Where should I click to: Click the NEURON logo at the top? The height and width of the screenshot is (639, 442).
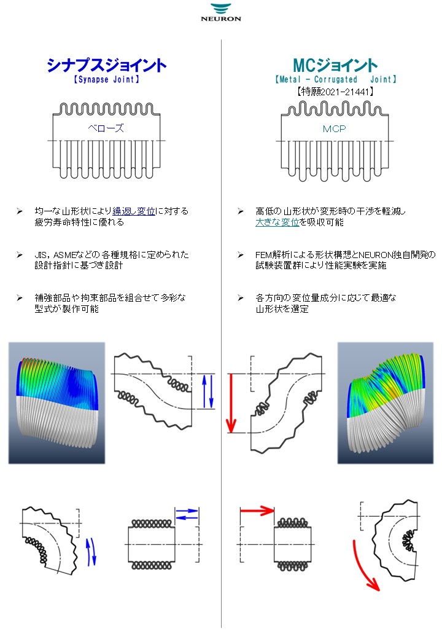click(221, 12)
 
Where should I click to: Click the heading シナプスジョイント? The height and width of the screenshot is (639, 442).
click(107, 66)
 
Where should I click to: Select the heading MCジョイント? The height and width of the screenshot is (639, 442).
click(335, 66)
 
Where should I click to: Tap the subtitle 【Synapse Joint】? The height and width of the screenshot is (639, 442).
click(107, 79)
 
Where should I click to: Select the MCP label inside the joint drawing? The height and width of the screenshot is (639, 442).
click(335, 129)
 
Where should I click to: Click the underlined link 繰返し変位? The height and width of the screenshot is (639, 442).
click(134, 211)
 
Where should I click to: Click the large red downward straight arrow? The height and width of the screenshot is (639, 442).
click(231, 402)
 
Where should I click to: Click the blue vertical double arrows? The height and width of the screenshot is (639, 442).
click(207, 391)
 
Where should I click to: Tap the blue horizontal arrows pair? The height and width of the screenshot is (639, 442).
click(187, 514)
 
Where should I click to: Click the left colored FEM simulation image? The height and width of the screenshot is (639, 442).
click(56, 402)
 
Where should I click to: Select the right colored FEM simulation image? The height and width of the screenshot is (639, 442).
click(386, 402)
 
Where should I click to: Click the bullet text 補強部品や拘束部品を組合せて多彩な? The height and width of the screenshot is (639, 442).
click(110, 297)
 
